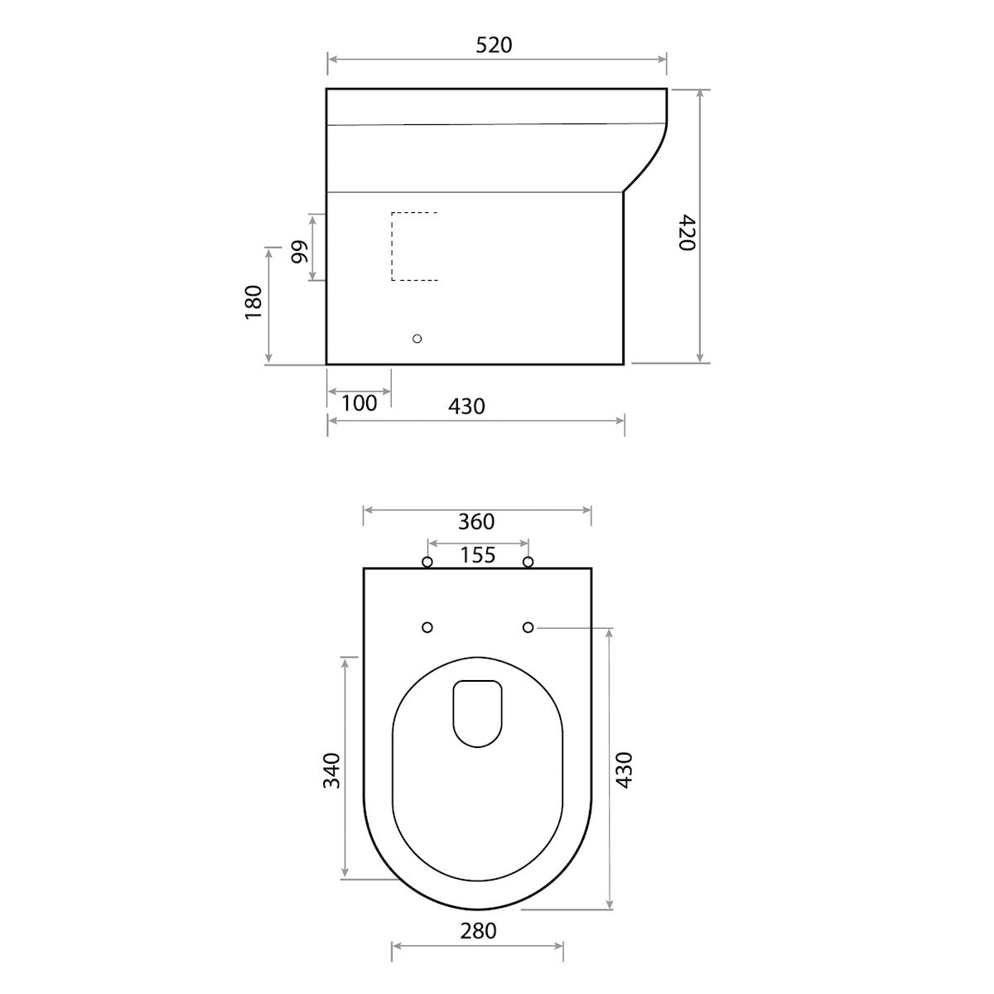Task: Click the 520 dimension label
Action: pos(494,45)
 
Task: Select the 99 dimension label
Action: pos(300,251)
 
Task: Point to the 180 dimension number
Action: pos(253,302)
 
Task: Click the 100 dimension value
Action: pos(359,403)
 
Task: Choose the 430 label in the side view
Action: pos(466,406)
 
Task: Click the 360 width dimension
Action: pos(476,521)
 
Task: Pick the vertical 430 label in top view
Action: pos(624,770)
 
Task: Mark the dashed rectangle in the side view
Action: pos(414,246)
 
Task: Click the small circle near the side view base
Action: pos(417,339)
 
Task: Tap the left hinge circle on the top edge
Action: pos(427,563)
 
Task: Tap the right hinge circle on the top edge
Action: pos(528,563)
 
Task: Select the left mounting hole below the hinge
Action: pos(427,628)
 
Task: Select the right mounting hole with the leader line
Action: pos(528,628)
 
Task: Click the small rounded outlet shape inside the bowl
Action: pos(478,713)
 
